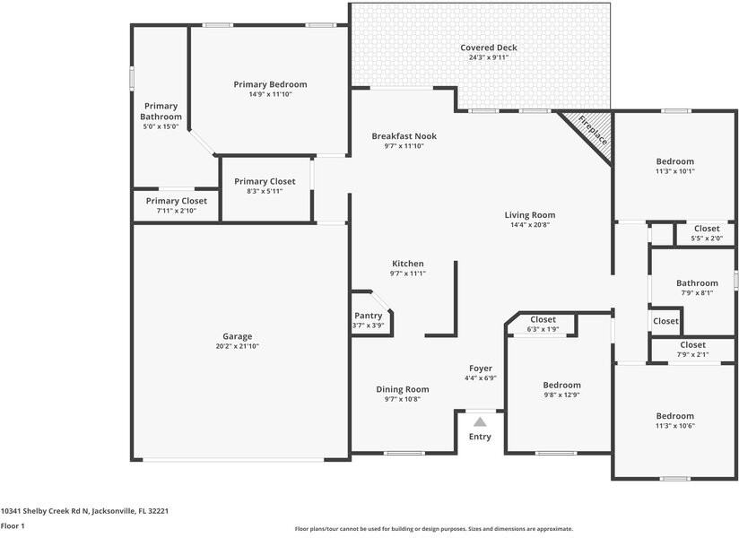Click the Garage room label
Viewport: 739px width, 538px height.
[x=238, y=336]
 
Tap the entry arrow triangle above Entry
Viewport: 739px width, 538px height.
[x=480, y=421]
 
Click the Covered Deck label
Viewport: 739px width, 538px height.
[x=489, y=48]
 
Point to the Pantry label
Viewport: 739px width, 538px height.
[x=368, y=316]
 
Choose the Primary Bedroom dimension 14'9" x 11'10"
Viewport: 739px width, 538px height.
[x=270, y=94]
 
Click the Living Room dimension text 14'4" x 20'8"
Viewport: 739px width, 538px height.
[x=529, y=225]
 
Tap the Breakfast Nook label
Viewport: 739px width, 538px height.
[x=404, y=136]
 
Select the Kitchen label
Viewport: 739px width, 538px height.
[x=407, y=264]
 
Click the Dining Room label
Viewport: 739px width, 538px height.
[x=402, y=389]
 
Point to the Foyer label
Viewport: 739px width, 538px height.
[x=481, y=369]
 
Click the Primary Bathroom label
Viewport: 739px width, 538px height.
[x=161, y=111]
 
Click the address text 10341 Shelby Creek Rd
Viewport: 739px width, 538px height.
[x=84, y=510]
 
